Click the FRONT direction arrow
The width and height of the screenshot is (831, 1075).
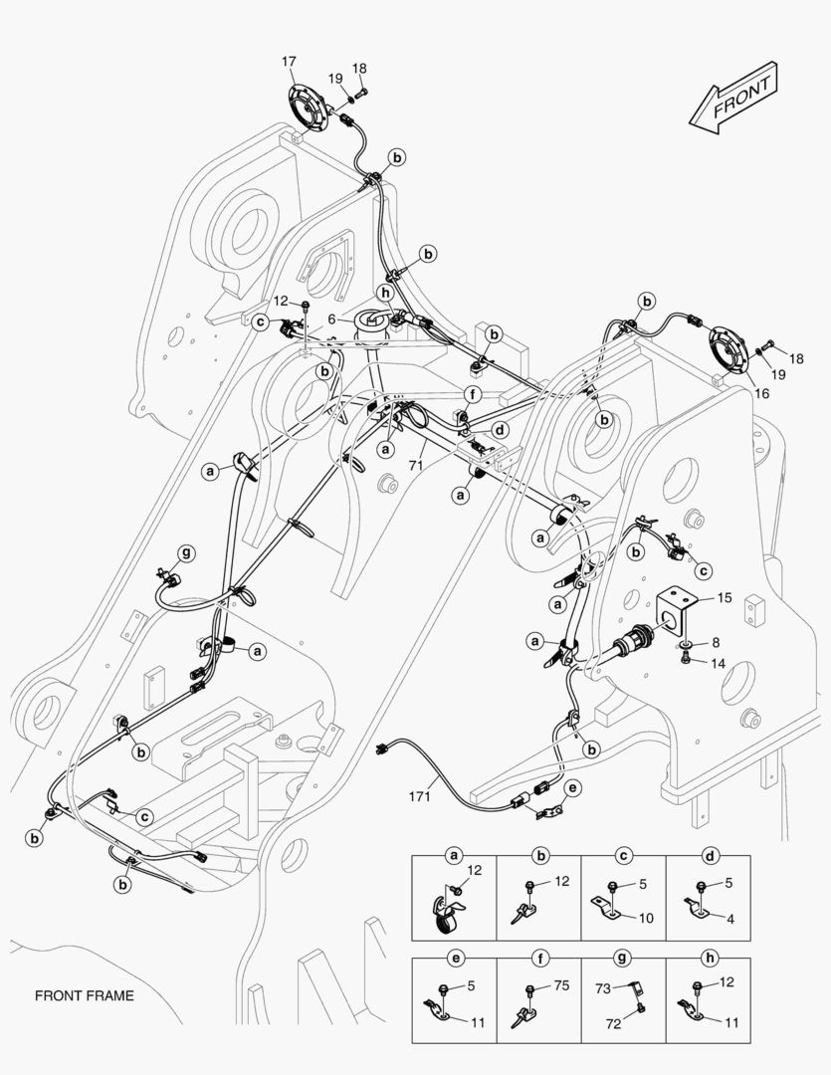[x=733, y=98]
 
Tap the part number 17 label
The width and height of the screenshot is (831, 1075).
[x=289, y=62]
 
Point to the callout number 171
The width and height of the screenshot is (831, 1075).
[x=419, y=796]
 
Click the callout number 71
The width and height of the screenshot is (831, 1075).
[x=416, y=466]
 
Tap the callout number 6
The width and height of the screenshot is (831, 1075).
[x=331, y=319]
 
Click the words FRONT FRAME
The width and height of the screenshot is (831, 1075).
[x=85, y=995]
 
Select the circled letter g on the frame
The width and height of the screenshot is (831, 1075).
[x=186, y=553]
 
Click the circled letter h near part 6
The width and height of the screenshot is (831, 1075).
[x=386, y=293]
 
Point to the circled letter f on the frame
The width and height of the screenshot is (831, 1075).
[x=472, y=395]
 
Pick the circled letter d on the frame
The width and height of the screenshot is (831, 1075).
[x=502, y=430]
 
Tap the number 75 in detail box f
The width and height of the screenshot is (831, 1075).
[x=561, y=985]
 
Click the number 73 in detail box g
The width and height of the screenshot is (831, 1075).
[x=603, y=988]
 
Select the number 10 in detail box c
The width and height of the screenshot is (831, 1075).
[x=646, y=918]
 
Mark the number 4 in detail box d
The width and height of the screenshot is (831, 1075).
[x=730, y=919]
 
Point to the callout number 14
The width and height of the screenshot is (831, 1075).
[x=718, y=663]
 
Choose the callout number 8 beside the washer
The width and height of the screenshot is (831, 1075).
[x=716, y=642]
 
